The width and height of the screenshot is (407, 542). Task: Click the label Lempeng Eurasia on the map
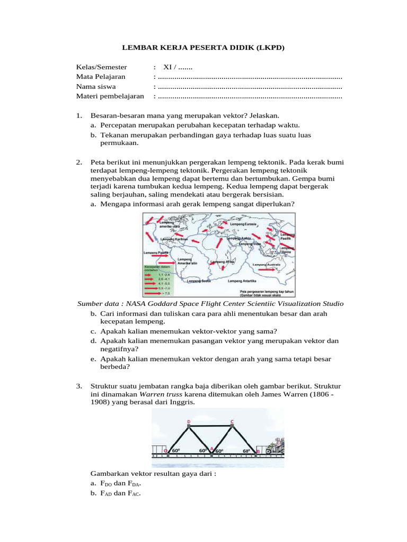[x=243, y=224]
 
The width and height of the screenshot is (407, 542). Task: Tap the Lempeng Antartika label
[x=242, y=281]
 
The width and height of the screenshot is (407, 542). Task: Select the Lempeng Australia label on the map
[x=267, y=264]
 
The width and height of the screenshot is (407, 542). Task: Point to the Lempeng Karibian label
[x=174, y=239]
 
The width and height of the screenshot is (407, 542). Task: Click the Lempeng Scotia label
[x=199, y=281]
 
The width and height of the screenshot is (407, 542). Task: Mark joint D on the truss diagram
[x=189, y=421]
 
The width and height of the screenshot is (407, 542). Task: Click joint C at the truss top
[x=232, y=421]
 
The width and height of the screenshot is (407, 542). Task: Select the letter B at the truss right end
[x=258, y=451]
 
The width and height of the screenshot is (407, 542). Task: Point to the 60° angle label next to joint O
[x=176, y=450]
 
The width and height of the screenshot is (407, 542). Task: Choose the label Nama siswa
[x=96, y=87]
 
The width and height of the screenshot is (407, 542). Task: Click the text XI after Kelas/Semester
[x=167, y=67]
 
